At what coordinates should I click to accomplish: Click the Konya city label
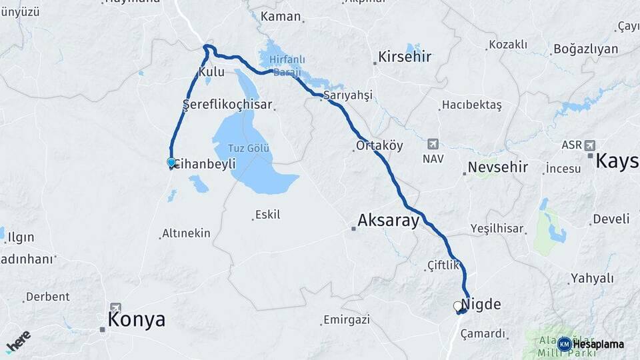[x=136, y=320]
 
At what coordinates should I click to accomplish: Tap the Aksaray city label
[x=388, y=221]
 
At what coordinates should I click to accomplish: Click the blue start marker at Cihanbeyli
[x=171, y=162]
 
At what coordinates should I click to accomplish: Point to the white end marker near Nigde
[x=457, y=306]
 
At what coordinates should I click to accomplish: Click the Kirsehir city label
[x=404, y=57]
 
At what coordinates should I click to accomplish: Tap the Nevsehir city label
[x=497, y=167]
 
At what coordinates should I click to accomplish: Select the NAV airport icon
[x=433, y=144]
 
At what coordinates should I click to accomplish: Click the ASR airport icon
[x=589, y=145]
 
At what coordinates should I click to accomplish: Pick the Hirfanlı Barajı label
[x=286, y=65]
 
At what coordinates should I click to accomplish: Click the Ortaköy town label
[x=379, y=145]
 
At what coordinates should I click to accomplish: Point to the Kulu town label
[x=211, y=71]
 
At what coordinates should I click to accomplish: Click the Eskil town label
[x=267, y=215]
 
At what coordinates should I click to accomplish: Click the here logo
[x=17, y=341]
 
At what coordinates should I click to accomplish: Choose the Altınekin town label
[x=187, y=233]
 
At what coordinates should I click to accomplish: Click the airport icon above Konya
[x=116, y=307]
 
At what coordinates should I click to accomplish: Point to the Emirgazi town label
[x=346, y=320]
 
